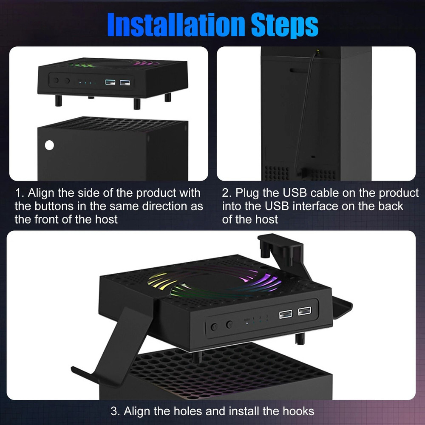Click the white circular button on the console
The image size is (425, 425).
(x=50, y=145)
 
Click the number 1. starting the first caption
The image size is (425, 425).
(x=20, y=193)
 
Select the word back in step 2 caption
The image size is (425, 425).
(x=390, y=207)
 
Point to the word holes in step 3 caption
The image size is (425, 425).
(x=206, y=411)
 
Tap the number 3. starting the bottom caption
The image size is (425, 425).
(x=116, y=411)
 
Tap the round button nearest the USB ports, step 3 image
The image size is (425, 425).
(x=229, y=325)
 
